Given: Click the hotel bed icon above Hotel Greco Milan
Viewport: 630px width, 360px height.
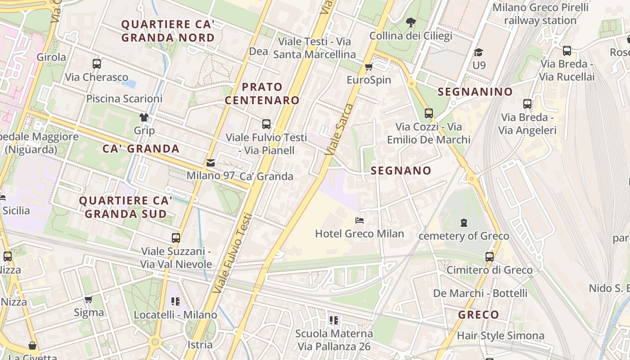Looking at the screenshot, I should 360,220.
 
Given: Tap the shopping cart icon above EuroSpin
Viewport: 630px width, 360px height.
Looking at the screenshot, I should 369,67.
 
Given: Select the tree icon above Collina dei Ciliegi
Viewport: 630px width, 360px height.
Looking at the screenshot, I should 410,22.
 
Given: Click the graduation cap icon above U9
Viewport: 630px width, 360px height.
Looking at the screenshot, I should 478,52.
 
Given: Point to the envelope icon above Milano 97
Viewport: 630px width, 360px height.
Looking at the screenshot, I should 210,162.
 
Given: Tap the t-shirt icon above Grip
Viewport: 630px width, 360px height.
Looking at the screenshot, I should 144,117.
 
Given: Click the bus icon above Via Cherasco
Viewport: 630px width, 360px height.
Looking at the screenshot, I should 96,64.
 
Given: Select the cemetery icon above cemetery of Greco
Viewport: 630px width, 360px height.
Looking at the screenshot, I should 463,222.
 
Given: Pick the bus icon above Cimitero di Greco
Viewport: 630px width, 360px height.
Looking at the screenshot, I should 489,257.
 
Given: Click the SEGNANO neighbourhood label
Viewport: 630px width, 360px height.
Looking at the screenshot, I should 401,171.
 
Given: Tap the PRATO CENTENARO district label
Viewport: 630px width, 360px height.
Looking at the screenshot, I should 262,94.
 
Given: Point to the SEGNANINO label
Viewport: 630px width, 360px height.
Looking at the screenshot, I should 475,92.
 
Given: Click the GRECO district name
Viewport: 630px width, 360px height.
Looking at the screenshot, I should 478,315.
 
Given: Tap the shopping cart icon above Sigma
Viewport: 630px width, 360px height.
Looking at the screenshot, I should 89,299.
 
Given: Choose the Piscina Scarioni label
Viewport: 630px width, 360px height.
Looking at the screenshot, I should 124,99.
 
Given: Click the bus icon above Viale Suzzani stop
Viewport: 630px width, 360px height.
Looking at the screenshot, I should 176,238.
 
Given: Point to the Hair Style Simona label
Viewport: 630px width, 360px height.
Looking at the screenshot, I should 500,336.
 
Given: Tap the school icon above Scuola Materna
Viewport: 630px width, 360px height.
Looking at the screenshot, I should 333,320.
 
